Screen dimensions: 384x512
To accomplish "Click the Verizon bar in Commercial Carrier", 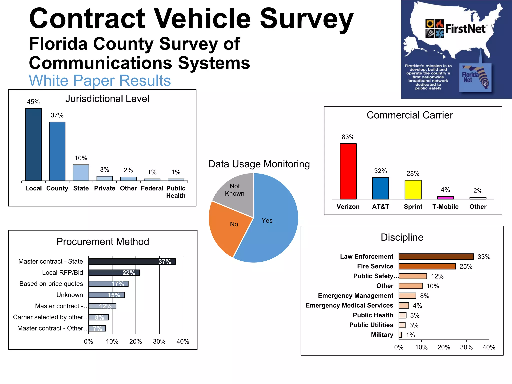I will tap(348, 171).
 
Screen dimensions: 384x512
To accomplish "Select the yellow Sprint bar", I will tap(413, 189).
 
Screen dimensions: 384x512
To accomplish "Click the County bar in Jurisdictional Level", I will tap(57, 151).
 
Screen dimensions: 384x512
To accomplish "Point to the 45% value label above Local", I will tap(33, 102).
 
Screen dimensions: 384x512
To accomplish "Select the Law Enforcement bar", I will tap(436, 256).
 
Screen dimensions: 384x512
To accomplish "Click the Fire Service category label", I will tap(375, 266).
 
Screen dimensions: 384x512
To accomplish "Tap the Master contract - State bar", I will tap(132, 261).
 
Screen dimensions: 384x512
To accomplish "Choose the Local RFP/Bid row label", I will tap(62, 272).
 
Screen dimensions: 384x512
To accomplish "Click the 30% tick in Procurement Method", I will tap(159, 341).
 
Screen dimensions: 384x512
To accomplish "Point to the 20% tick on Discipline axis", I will tap(444, 347).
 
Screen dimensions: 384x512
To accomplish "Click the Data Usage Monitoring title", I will tap(259, 164).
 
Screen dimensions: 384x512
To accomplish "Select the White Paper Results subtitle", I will tap(100, 81).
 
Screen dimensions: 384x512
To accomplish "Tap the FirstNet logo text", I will tap(465, 29).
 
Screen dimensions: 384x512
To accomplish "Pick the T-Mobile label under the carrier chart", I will tap(445, 207).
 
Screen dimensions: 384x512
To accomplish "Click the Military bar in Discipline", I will tap(400, 335).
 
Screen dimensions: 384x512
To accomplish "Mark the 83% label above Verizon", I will tap(348, 137).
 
